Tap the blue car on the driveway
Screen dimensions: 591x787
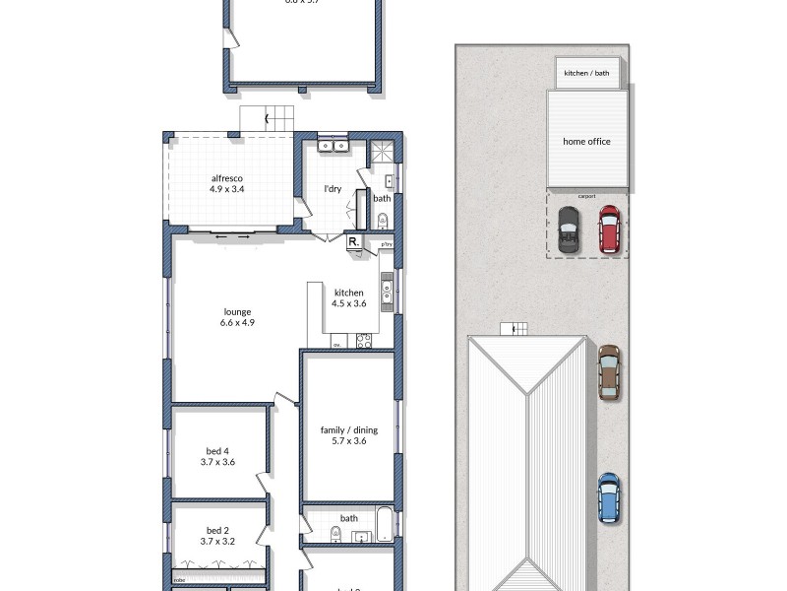(609, 497)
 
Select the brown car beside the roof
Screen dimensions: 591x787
(609, 371)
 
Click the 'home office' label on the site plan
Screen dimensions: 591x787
(586, 142)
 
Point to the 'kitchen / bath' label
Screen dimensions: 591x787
(586, 73)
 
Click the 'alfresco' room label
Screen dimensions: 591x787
(226, 178)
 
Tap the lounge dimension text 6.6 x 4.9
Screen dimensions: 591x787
(237, 322)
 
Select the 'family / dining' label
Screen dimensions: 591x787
(348, 429)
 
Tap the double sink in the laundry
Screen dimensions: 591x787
(336, 147)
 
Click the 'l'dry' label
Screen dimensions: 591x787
(333, 189)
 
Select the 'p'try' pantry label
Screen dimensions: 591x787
(386, 244)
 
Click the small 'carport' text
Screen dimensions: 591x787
(587, 195)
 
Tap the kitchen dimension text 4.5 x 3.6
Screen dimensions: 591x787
(348, 304)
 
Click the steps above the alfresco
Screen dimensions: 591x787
(267, 119)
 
